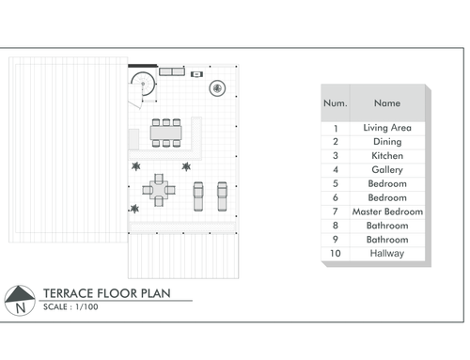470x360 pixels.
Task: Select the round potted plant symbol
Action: pyautogui.click(x=217, y=88)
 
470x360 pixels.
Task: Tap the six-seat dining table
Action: pyautogui.click(x=166, y=133)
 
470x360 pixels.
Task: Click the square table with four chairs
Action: pyautogui.click(x=159, y=190)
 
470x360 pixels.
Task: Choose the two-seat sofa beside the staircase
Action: pyautogui.click(x=172, y=71)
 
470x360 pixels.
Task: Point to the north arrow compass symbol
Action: pyautogui.click(x=20, y=301)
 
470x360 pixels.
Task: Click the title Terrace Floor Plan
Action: pyautogui.click(x=107, y=293)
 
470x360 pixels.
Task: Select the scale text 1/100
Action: pyautogui.click(x=86, y=306)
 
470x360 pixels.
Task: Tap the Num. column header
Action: pyautogui.click(x=336, y=103)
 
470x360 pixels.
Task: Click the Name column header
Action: pyautogui.click(x=387, y=103)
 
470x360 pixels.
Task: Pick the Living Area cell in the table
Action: pyautogui.click(x=387, y=128)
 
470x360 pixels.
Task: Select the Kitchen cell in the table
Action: pyautogui.click(x=387, y=156)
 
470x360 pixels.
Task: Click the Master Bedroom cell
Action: pyautogui.click(x=387, y=211)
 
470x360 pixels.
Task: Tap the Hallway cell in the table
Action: pyautogui.click(x=387, y=253)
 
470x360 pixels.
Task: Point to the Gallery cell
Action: pyautogui.click(x=387, y=170)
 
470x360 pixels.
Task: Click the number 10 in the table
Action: pyautogui.click(x=336, y=253)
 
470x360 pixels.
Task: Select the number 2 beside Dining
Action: pyautogui.click(x=336, y=142)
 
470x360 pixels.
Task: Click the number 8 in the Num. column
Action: pyautogui.click(x=336, y=226)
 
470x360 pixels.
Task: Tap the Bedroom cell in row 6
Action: pyautogui.click(x=387, y=197)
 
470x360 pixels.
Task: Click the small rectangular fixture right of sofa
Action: pyautogui.click(x=196, y=74)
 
